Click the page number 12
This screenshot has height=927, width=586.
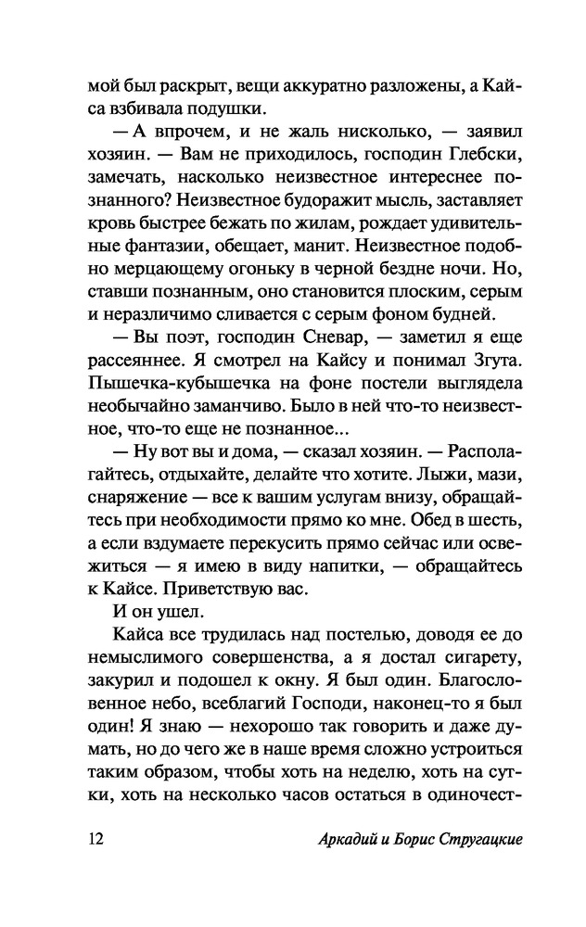tap(96, 841)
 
